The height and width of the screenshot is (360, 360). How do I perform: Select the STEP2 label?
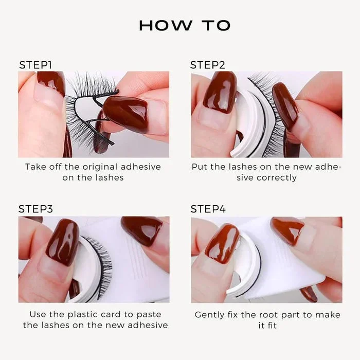208,65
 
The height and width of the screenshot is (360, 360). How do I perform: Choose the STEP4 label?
208,209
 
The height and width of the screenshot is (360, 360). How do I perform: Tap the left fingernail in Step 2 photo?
219,92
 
